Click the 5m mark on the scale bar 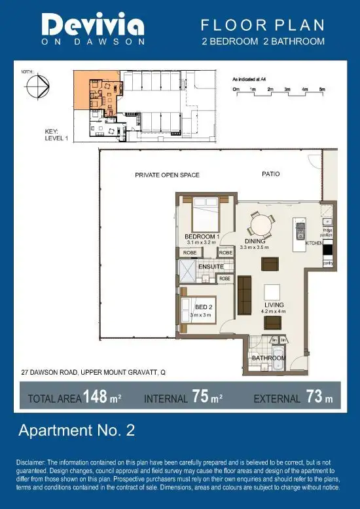click(x=321, y=87)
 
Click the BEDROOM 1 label click(x=202, y=236)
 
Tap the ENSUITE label click(x=211, y=267)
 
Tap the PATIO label click(x=271, y=174)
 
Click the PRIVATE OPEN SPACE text click(x=167, y=175)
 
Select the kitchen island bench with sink click(x=300, y=233)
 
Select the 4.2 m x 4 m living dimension click(x=274, y=312)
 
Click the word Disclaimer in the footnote click(x=31, y=462)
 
